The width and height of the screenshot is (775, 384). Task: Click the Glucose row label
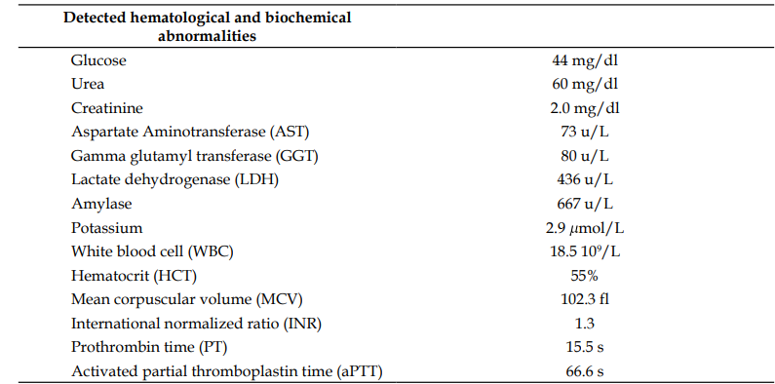98,60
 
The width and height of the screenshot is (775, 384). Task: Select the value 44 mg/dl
585,60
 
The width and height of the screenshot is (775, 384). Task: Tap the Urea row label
88,84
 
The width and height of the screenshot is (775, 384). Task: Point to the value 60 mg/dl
585,84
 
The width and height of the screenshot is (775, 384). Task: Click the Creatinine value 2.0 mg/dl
585,108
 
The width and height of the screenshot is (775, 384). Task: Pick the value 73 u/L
585,132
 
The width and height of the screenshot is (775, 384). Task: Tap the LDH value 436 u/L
585,179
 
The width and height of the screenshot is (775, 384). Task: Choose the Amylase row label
101,204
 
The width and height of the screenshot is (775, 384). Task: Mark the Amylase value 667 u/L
585,204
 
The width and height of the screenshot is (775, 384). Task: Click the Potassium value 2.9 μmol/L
585,228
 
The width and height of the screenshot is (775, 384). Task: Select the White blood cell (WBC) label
152,251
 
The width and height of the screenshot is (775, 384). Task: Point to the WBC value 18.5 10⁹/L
585,251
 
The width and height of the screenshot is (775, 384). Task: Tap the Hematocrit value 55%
585,275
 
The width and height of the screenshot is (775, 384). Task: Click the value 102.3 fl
585,299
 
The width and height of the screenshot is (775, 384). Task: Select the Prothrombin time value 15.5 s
585,347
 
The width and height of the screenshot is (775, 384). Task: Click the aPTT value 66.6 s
585,371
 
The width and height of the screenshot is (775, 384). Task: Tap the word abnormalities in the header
207,36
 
